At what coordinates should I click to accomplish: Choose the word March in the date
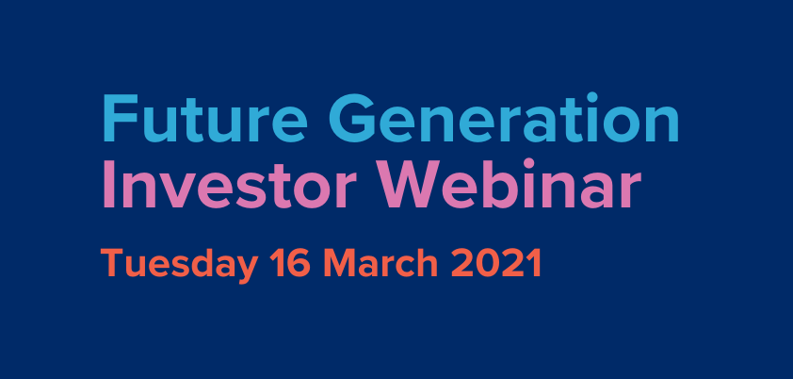coord(380,263)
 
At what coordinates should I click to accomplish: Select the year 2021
coord(495,263)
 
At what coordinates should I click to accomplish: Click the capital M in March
coord(341,263)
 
